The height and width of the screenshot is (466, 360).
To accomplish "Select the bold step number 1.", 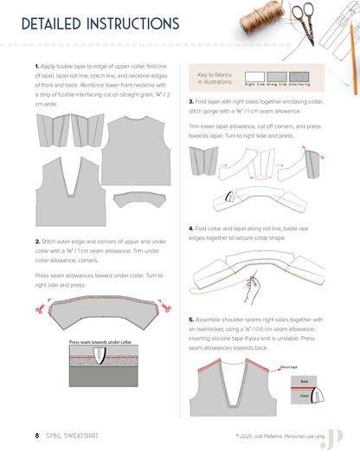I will click(36, 67).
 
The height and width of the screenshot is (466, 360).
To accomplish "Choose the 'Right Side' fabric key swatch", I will click(255, 76).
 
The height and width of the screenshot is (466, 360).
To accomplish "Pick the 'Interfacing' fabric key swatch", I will click(298, 76).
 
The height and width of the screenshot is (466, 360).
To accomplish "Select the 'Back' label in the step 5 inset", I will click(304, 380).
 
